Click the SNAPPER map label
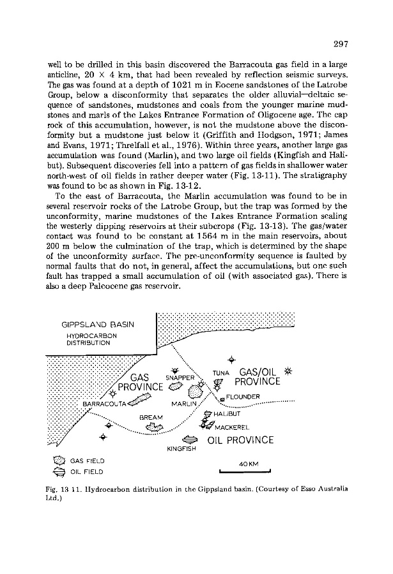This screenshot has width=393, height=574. [183, 377]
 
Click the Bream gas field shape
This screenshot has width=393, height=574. [155, 427]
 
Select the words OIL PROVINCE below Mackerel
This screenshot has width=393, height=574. [240, 440]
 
